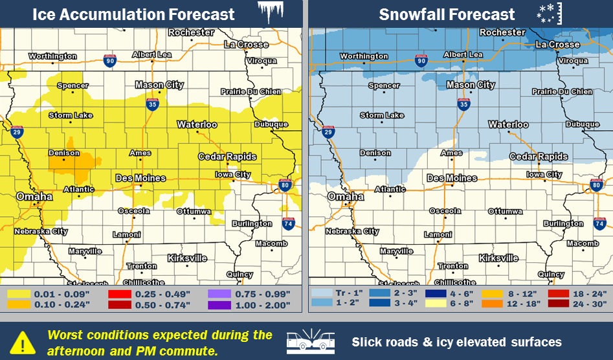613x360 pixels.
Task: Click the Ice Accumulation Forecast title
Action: click(x=133, y=14)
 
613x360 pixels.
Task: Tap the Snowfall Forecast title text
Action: click(x=447, y=14)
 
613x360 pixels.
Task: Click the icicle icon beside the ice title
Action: click(x=271, y=12)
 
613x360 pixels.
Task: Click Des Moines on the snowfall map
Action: click(x=451, y=178)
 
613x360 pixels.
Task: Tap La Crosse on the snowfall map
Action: click(x=557, y=45)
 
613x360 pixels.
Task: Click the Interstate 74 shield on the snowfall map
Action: click(x=599, y=224)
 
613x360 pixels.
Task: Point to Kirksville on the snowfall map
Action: click(x=498, y=258)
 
